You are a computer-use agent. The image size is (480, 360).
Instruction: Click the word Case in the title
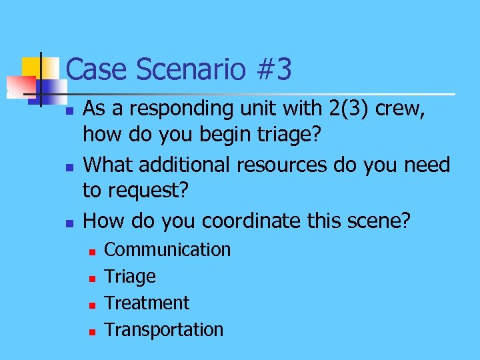(93, 69)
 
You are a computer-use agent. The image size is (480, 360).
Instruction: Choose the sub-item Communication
(167, 249)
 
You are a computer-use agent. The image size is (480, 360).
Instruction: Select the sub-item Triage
(130, 277)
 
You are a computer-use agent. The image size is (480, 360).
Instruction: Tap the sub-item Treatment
(147, 303)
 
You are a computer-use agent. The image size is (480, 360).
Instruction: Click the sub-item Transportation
(164, 329)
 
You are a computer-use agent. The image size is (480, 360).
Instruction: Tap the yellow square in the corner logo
(31, 67)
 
